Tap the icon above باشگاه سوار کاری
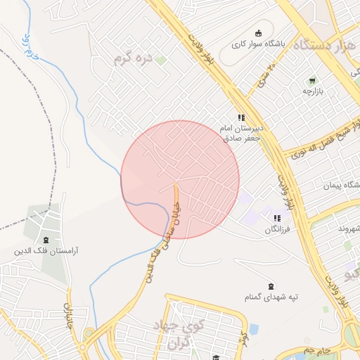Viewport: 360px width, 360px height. tap(258, 32)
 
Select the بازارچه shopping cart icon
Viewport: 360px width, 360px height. tap(311, 79)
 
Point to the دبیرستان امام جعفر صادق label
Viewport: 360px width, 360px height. tap(242, 134)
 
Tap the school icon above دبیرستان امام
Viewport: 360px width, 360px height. tap(241, 117)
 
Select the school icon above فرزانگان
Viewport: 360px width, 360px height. tap(277, 218)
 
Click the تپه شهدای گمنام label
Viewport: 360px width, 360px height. tap(271, 297)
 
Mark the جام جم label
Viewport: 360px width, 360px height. tap(316, 349)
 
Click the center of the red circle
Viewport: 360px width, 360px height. tap(180, 179)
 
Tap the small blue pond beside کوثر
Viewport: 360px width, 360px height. tap(253, 328)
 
